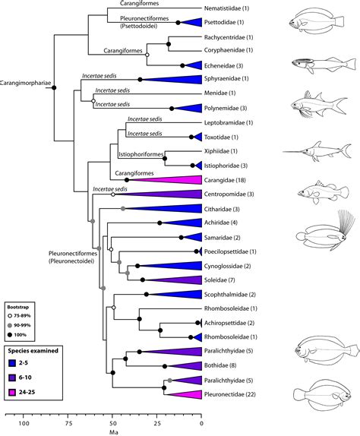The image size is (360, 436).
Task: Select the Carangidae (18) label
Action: [x=234, y=180]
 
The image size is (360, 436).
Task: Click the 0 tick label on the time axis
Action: [x=201, y=424]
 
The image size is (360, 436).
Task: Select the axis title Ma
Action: [x=113, y=434]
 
